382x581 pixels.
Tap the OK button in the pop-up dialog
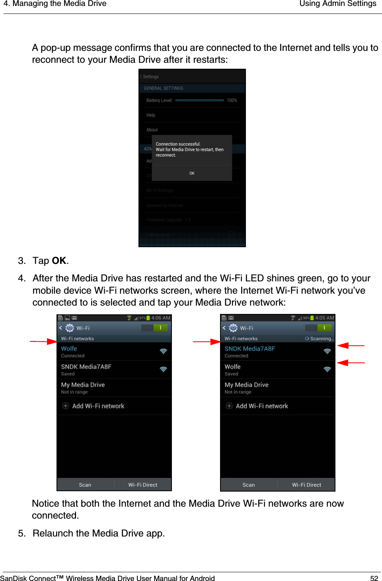click(x=192, y=173)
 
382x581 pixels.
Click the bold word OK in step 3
click(x=59, y=261)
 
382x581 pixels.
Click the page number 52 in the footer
click(x=374, y=578)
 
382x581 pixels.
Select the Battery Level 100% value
click(x=232, y=101)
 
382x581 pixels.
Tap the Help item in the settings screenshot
click(x=151, y=115)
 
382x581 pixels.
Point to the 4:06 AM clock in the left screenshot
click(x=161, y=318)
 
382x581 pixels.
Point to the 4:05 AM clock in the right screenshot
click(x=324, y=318)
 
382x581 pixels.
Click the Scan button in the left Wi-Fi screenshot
click(x=85, y=485)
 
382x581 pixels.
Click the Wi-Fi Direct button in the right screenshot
click(x=306, y=485)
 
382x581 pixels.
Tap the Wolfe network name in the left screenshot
click(x=69, y=349)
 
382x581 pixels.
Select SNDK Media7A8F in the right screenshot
click(x=249, y=349)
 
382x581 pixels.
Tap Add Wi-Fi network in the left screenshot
click(x=98, y=406)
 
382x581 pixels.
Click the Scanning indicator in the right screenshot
click(x=320, y=339)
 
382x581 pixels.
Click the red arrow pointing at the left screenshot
click(x=44, y=341)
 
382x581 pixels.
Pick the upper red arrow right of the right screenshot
click(x=351, y=346)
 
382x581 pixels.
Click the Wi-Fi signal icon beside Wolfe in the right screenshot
click(x=327, y=369)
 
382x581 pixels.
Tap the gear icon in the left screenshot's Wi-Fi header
click(x=70, y=328)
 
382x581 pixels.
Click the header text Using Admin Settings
click(x=337, y=4)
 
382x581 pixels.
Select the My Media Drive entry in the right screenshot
click(x=246, y=385)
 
